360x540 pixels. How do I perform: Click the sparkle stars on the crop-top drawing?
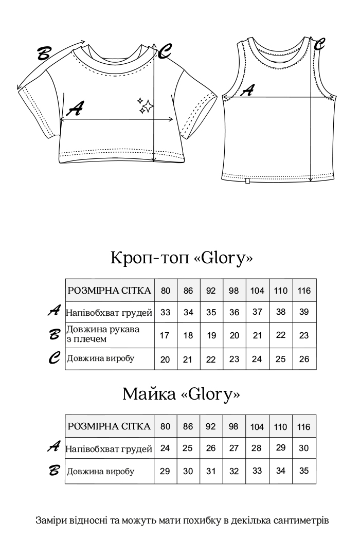click(x=146, y=105)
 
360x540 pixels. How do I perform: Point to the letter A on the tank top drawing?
click(x=247, y=91)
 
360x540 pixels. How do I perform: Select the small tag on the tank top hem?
click(x=248, y=180)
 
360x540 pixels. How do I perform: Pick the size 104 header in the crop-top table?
click(x=257, y=291)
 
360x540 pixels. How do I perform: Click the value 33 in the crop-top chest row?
click(x=166, y=313)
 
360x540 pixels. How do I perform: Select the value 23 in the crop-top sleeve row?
click(x=304, y=335)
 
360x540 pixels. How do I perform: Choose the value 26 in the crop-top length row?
click(x=304, y=359)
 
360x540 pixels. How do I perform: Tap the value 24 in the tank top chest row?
click(x=165, y=448)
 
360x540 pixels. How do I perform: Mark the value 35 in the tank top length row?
click(x=304, y=471)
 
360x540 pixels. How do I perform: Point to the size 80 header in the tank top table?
click(x=165, y=426)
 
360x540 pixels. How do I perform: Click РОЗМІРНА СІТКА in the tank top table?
click(x=110, y=426)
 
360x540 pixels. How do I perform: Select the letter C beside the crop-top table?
click(x=56, y=358)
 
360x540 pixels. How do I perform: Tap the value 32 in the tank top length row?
click(x=234, y=471)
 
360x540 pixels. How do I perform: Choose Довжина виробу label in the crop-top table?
click(x=100, y=359)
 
